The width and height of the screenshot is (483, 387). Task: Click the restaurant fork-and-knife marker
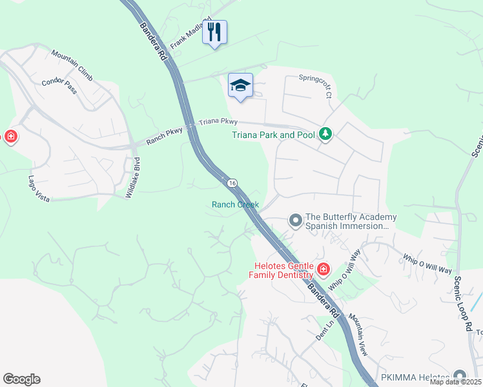(215, 32)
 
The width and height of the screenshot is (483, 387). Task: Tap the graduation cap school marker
(240, 86)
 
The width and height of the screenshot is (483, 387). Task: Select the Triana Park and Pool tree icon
(327, 134)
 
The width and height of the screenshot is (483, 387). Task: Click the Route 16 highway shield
(231, 184)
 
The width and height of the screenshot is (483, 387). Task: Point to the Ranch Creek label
(235, 205)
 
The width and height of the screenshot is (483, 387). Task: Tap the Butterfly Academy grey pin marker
(296, 221)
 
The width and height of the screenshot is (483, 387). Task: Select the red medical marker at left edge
(10, 136)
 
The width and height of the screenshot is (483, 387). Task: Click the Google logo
(21, 379)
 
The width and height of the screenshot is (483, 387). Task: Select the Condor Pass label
(59, 86)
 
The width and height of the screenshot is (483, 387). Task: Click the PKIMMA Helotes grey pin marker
(460, 375)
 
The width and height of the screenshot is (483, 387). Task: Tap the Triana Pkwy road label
(218, 121)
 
